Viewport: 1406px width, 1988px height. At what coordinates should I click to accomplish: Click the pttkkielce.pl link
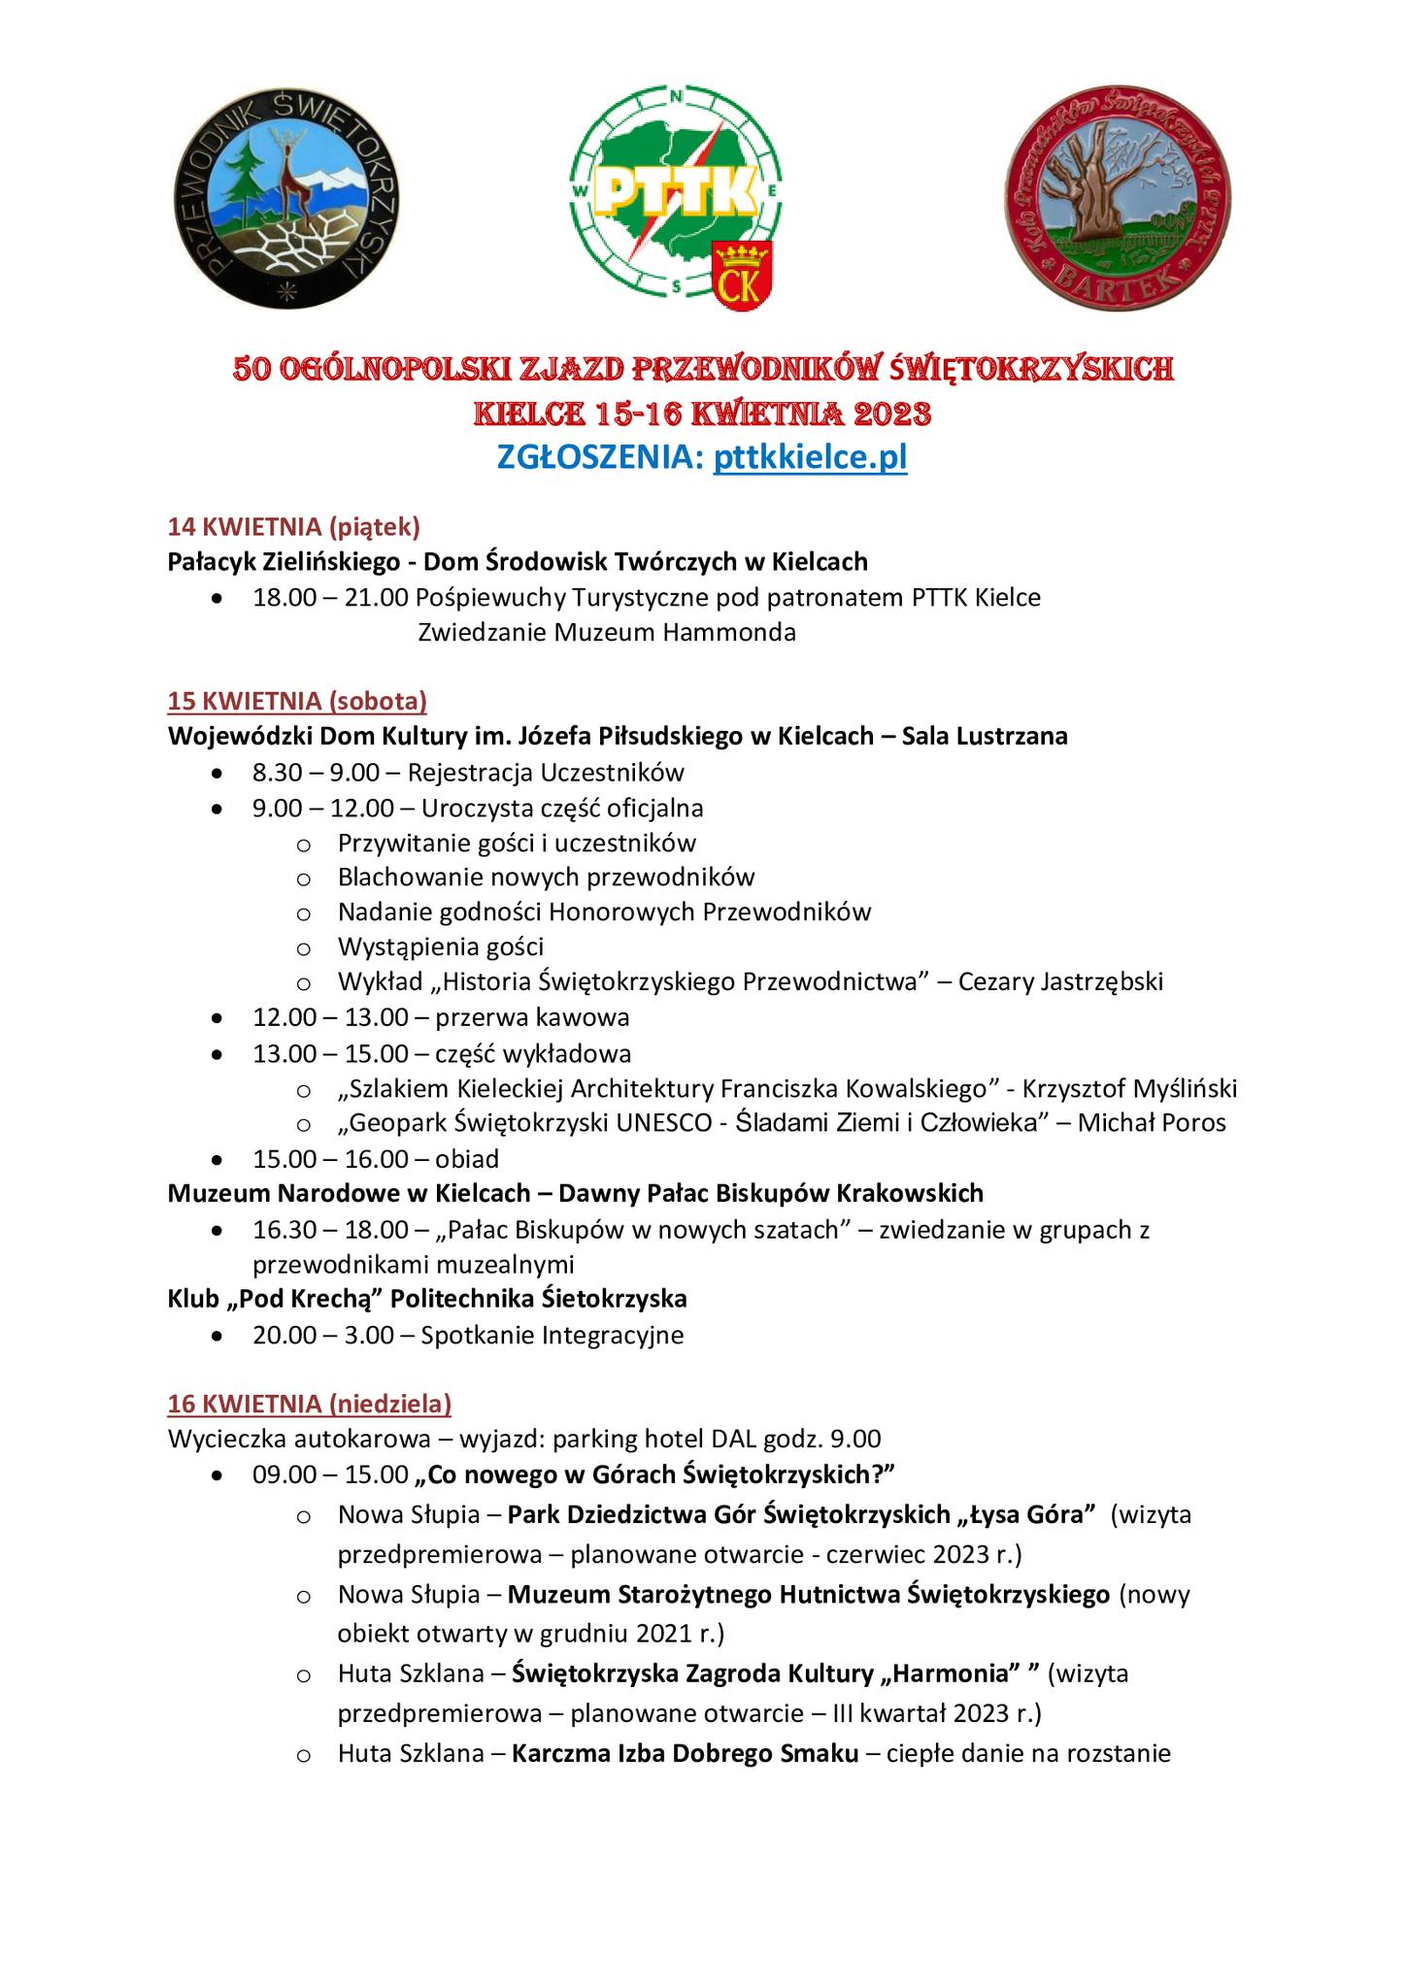tap(810, 457)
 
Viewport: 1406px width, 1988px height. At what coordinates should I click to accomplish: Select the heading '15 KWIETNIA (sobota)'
tap(297, 700)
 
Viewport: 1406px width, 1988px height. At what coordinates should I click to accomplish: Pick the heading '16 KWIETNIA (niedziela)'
tap(309, 1403)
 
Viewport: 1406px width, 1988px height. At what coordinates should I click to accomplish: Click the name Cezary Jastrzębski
tap(1060, 981)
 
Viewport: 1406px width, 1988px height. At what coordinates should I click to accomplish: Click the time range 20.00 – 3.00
tap(323, 1335)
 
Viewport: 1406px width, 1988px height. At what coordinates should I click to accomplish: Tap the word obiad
tap(468, 1158)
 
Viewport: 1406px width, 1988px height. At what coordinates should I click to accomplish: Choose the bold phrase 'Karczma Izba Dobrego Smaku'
tap(686, 1753)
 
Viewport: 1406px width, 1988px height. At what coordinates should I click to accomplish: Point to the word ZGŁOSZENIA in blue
tap(600, 457)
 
